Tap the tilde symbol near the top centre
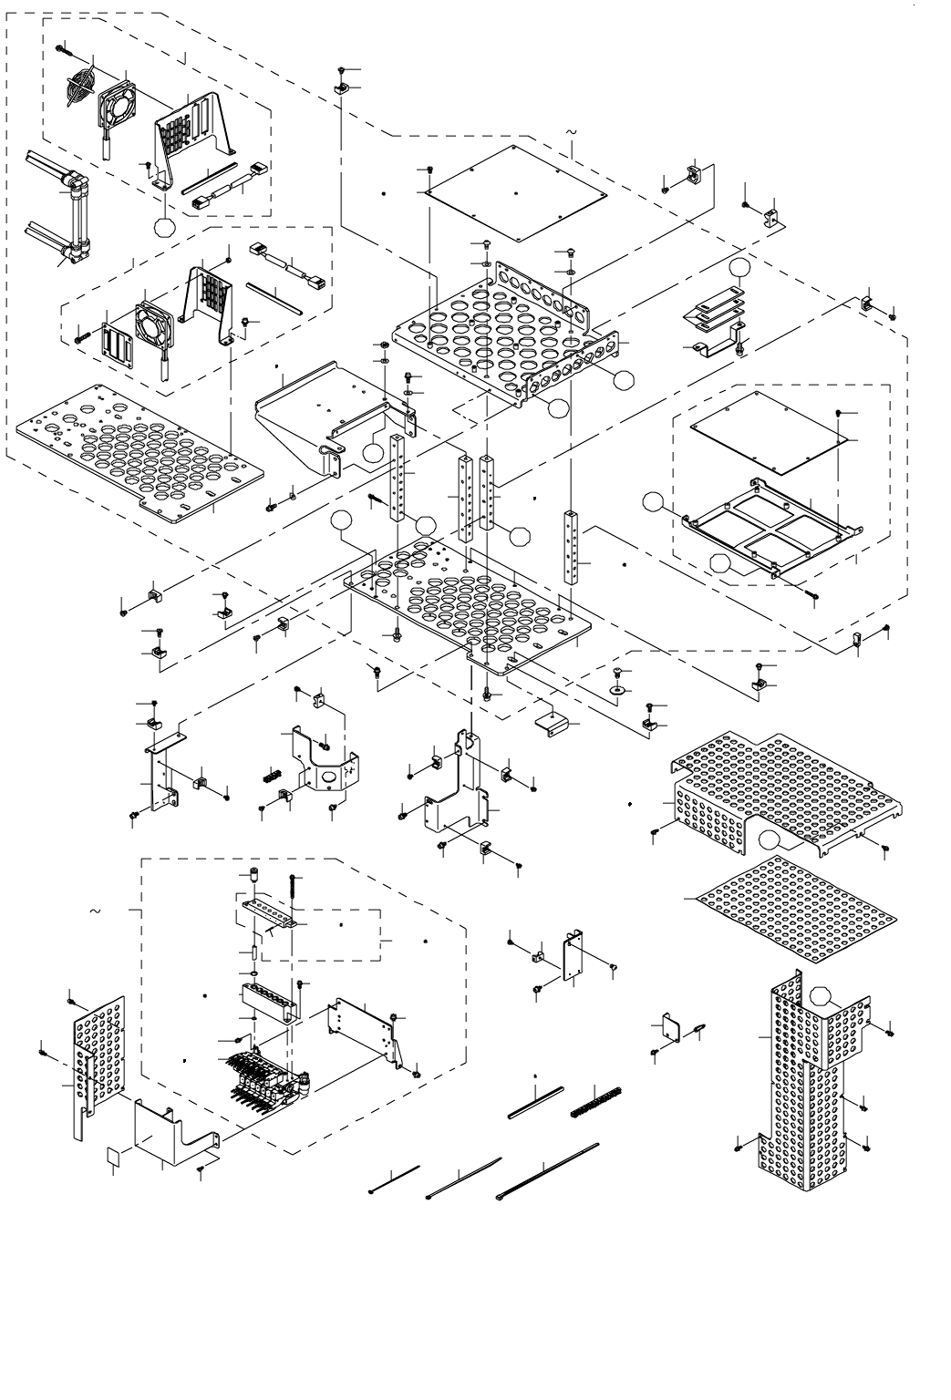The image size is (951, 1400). click(572, 133)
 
